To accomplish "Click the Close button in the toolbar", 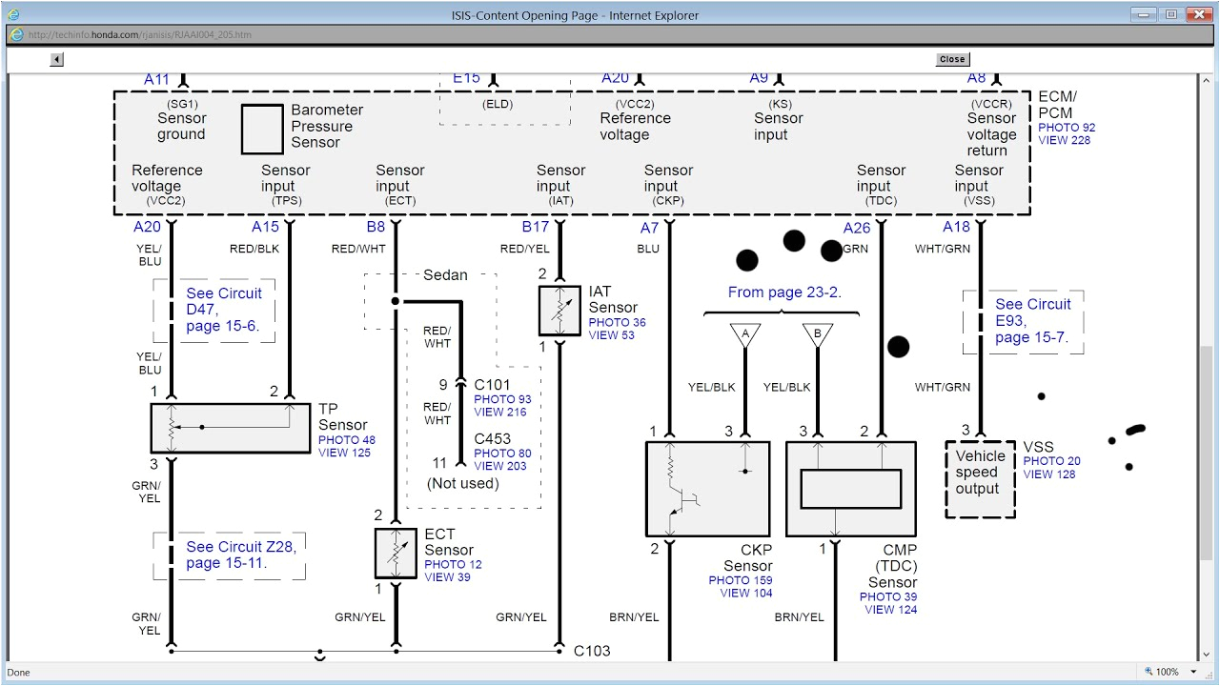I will pos(951,59).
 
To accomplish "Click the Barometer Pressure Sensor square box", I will pos(262,130).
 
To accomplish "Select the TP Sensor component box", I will pos(231,428).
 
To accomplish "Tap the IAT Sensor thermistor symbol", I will pos(559,310).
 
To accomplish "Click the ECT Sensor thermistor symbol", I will pos(396,554).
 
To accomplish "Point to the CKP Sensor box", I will pos(707,489).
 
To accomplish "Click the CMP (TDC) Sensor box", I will pos(850,489).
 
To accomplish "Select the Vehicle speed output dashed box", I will pos(979,479).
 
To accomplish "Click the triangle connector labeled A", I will pos(745,335).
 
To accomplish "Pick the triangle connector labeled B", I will pos(817,335).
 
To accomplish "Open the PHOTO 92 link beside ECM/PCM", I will pos(1067,128).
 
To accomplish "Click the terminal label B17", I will pos(535,227).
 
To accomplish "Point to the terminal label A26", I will pos(857,228).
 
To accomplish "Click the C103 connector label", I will pos(592,651).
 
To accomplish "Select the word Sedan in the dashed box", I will pos(445,275).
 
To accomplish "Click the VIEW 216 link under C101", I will pos(500,413).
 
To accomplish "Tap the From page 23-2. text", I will pos(784,293).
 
